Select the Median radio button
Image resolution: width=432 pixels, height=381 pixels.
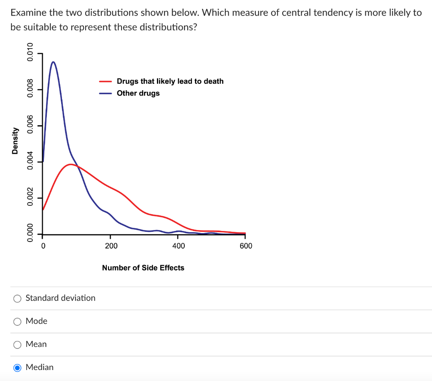[x=17, y=368]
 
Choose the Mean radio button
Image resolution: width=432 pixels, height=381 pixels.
[x=17, y=344]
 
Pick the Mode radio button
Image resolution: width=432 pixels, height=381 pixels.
[x=17, y=322]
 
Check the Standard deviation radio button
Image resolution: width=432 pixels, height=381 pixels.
[x=17, y=298]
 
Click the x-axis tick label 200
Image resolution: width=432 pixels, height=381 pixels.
[x=111, y=246]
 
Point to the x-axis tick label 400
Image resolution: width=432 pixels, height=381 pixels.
[x=178, y=246]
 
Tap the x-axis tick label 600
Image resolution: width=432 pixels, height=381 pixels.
[x=246, y=246]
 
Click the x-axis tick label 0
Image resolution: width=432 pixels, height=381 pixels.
[x=43, y=246]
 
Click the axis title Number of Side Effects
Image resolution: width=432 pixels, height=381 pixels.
[x=143, y=268]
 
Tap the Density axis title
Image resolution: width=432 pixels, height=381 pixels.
[x=15, y=140]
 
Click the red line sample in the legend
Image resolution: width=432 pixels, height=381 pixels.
[x=105, y=81]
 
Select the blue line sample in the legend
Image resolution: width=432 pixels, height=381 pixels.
[x=105, y=94]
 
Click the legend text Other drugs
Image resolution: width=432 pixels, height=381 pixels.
[x=138, y=93]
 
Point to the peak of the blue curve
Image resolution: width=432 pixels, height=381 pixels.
[x=53, y=62]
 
